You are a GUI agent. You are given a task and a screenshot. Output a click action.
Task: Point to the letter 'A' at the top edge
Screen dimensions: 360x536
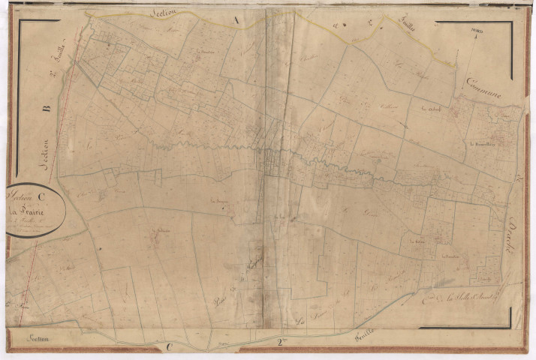click(x=236, y=22)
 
